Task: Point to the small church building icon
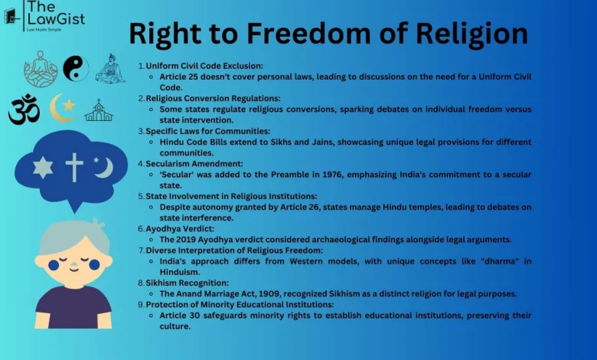(x=99, y=110)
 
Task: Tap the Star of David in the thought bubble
(x=42, y=167)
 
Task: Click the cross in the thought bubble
(x=74, y=166)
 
